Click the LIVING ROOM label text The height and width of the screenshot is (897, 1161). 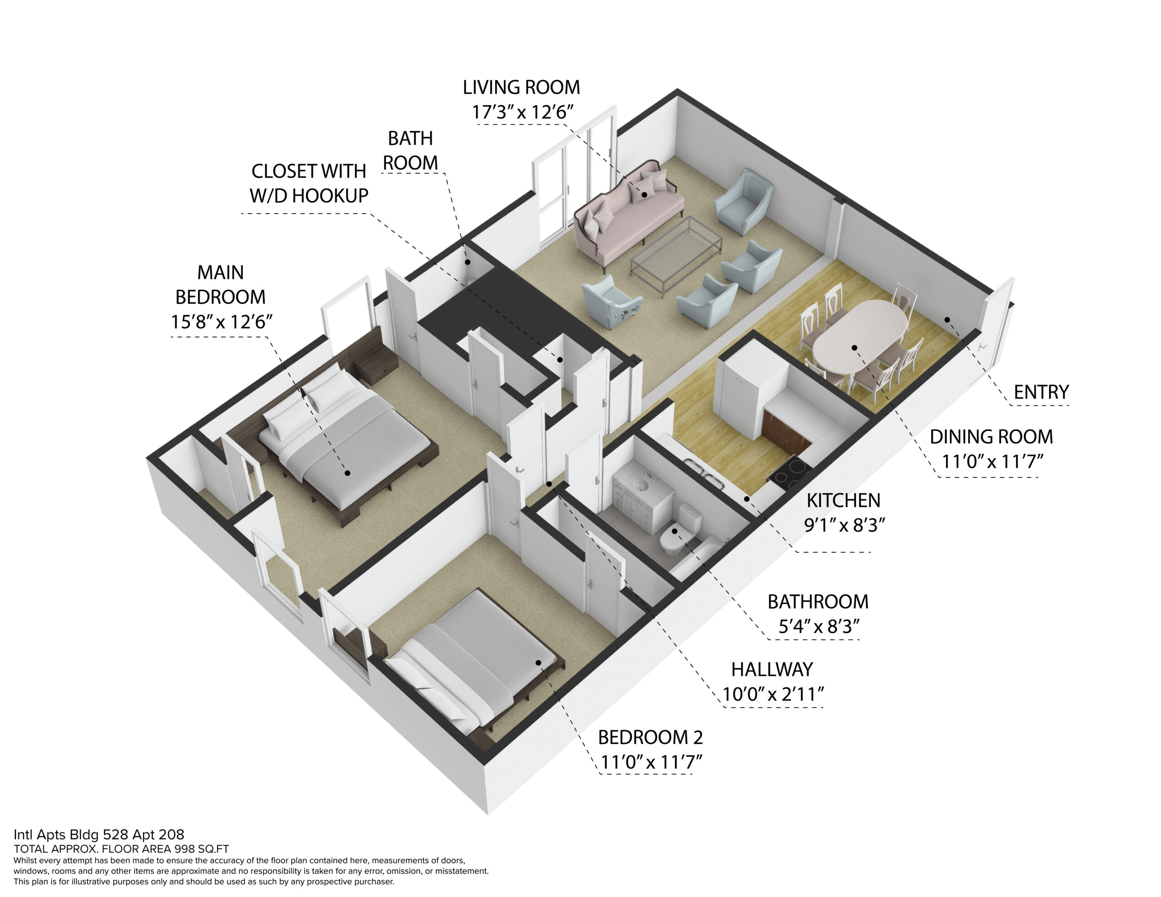tap(521, 87)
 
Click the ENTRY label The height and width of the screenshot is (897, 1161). tap(1041, 392)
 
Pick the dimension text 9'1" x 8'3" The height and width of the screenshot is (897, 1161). tap(844, 525)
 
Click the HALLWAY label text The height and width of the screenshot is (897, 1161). tap(772, 669)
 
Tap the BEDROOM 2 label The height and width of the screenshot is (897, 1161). tap(650, 737)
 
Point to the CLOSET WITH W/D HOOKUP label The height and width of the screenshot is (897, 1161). tap(309, 184)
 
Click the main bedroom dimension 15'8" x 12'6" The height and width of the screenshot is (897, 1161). tap(221, 322)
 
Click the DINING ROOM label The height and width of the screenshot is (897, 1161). tap(991, 437)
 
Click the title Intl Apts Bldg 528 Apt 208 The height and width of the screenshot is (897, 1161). tap(99, 835)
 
